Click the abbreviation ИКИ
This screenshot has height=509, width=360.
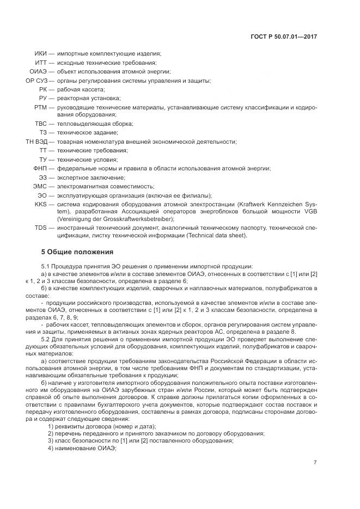pyautogui.click(x=40, y=54)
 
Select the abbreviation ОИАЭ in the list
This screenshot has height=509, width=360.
pyautogui.click(x=38, y=71)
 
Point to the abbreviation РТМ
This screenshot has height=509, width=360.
pyautogui.click(x=40, y=107)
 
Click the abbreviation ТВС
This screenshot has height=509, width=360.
pyautogui.click(x=40, y=124)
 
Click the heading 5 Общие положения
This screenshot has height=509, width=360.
pyautogui.click(x=77, y=252)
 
